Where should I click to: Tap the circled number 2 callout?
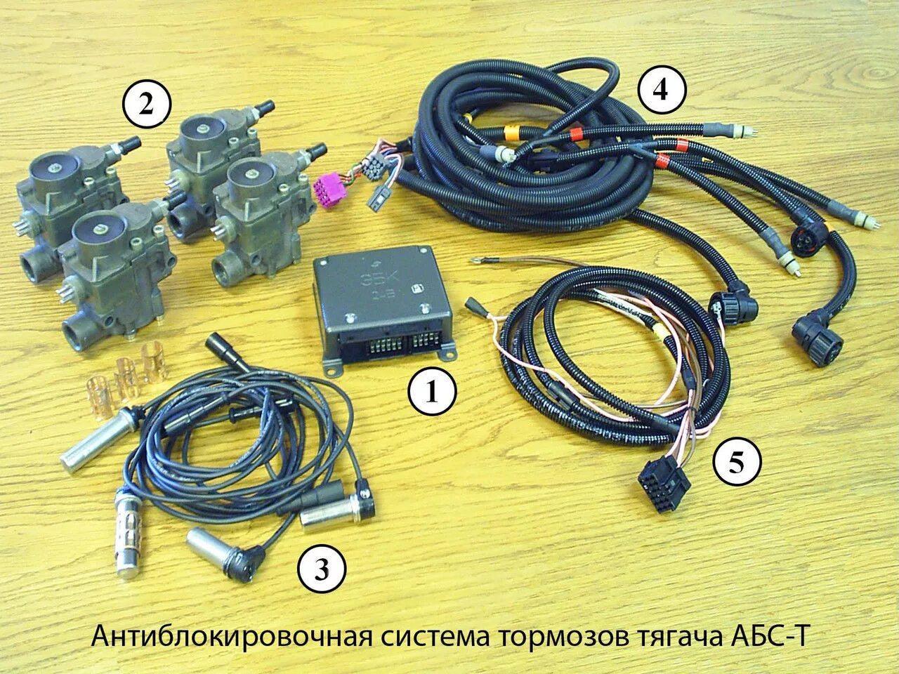[146, 105]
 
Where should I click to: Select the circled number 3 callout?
[322, 569]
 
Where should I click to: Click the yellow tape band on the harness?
[510, 134]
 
